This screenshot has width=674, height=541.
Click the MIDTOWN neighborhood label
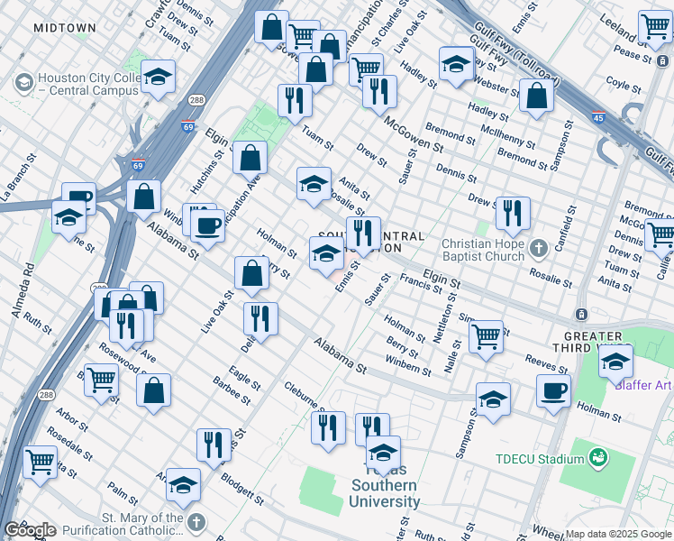64,29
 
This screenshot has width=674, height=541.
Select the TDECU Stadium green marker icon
596,459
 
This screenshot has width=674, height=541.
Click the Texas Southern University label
384,493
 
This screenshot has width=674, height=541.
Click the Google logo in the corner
30,530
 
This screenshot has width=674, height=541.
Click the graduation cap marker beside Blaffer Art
615,362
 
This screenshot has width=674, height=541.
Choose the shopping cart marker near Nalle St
486,336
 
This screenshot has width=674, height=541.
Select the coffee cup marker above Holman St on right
553,390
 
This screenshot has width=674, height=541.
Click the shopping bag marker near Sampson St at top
536,97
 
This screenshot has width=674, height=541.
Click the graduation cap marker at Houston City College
158,78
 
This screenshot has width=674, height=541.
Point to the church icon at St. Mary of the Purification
195,523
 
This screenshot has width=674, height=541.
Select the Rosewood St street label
125,362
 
